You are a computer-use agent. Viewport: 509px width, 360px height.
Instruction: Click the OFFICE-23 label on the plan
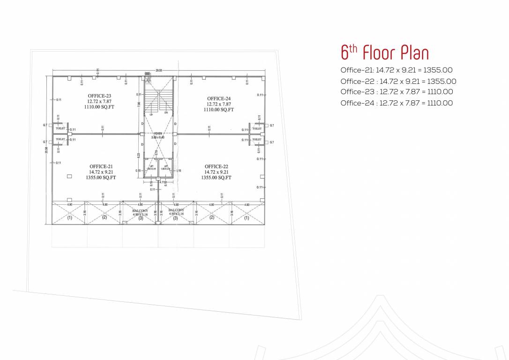tap(99, 96)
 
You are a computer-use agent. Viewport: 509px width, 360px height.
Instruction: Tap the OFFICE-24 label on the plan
tap(218, 98)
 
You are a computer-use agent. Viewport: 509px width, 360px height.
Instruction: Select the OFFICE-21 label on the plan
tap(101, 166)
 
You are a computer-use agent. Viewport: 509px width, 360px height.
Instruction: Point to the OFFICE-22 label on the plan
tap(216, 166)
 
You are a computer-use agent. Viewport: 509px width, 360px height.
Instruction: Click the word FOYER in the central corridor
tap(157, 134)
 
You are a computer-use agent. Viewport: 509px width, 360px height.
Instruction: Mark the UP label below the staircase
tap(151, 114)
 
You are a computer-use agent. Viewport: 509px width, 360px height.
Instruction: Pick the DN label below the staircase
tap(166, 112)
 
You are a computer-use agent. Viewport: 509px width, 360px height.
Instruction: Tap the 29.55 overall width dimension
tap(159, 71)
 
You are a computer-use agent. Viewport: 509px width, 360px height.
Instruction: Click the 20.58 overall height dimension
tap(47, 150)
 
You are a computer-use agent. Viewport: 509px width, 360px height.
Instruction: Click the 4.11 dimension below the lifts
tap(162, 182)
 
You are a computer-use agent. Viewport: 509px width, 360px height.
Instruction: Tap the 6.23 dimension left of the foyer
tap(139, 155)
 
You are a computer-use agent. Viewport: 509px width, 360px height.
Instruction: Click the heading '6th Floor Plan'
tap(384, 52)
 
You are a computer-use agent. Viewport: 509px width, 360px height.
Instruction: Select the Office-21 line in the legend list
tap(396, 70)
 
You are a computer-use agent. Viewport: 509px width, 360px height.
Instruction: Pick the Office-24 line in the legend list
tap(397, 103)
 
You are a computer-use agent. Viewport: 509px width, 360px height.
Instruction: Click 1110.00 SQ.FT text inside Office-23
tap(99, 107)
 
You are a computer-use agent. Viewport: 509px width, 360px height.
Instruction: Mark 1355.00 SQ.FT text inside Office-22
tap(216, 178)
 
